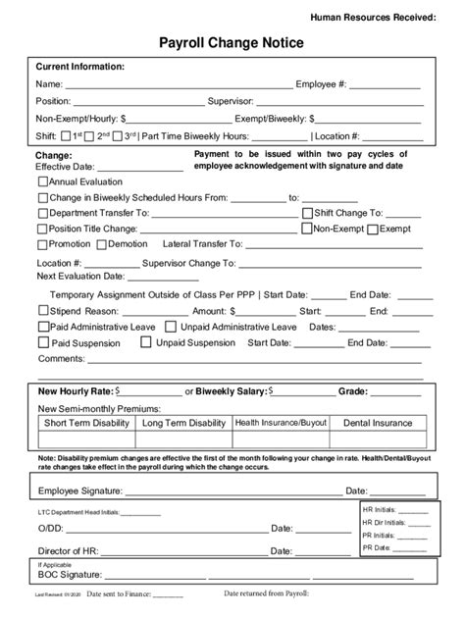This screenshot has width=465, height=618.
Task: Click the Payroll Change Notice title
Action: click(232, 42)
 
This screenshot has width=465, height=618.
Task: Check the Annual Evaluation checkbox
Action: click(43, 181)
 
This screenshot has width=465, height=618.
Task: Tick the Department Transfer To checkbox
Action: click(43, 212)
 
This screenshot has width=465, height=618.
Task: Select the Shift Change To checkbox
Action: click(307, 212)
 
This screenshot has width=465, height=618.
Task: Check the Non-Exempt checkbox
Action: click(306, 228)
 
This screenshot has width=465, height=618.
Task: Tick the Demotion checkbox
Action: click(101, 243)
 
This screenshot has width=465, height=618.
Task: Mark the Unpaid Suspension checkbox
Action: click(146, 343)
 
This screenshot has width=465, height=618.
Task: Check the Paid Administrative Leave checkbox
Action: click(43, 327)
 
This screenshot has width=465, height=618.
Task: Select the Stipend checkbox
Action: click(43, 311)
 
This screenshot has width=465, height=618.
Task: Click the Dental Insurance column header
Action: click(378, 423)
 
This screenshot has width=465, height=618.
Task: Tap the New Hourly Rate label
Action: click(75, 390)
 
